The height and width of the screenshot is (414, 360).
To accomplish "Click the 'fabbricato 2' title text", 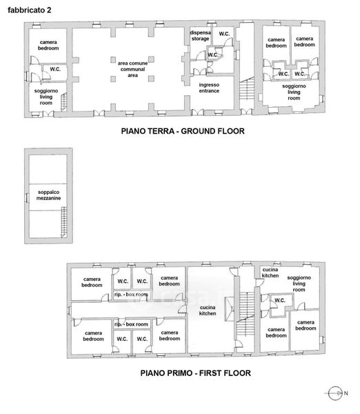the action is pos(29,10).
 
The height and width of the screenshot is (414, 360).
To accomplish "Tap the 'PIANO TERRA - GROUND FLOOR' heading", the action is pos(183,131).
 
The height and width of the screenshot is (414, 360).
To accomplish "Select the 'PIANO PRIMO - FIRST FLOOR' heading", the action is pos(196,373).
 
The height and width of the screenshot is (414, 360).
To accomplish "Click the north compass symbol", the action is pos(335,393).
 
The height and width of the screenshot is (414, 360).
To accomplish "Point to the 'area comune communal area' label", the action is pos(132,69).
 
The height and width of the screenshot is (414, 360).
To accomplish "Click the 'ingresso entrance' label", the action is pos(209,88).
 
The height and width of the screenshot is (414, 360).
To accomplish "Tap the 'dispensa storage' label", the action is pos(200,36).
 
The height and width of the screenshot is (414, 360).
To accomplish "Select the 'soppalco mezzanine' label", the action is pos(48,195).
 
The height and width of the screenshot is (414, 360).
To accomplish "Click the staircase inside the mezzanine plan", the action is pos(64,222).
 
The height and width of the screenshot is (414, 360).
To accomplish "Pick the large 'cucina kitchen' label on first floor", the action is pos(208,310).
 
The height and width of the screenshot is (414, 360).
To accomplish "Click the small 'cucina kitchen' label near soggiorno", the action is pos(270,273).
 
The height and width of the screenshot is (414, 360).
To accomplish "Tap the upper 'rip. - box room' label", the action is pos(131,295).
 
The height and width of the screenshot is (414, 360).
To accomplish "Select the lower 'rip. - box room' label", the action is pos(131,324).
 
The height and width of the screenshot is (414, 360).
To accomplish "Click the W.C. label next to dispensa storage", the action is pos(224,34).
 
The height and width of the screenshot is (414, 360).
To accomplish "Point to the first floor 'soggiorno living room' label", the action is pos(299,284).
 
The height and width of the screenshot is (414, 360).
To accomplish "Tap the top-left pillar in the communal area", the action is pos(113,59).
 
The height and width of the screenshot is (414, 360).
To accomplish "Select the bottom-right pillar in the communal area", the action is pos(151,79).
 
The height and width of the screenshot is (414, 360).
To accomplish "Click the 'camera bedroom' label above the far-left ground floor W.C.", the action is pos(48,45).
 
